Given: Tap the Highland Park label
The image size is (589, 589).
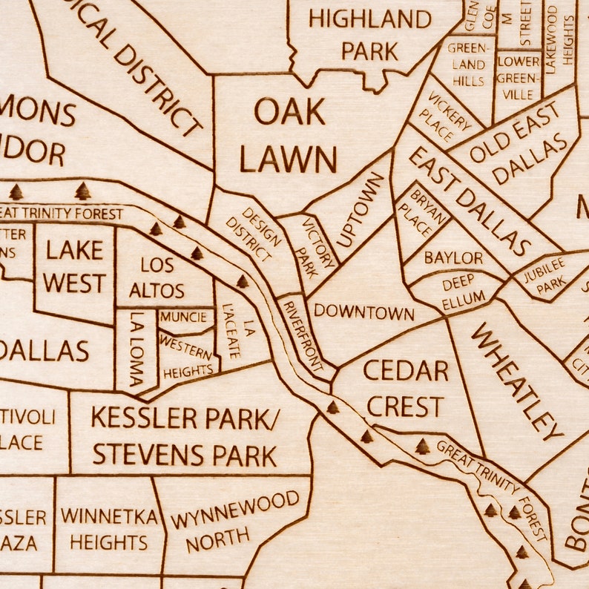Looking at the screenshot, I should tap(369, 35).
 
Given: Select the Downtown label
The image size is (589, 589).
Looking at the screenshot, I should tap(363, 312).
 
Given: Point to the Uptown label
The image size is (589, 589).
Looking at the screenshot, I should tap(361, 209).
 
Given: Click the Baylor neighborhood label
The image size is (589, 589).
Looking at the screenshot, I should tap(453, 258).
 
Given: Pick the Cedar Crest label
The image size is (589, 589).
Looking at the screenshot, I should tap(406, 388).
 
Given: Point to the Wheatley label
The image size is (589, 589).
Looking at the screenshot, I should tap(517, 380).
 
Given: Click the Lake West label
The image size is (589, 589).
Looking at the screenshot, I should tap(74, 266).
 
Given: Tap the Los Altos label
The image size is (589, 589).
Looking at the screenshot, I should tap(157, 277).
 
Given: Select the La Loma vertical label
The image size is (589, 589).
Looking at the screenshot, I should tap(136, 350).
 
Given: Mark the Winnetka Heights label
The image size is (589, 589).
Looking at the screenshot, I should tap(109, 529).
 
